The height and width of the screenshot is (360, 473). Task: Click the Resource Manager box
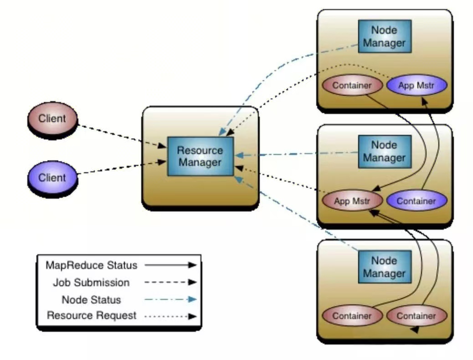(x=200, y=156)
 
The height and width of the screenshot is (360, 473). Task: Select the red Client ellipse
(x=52, y=119)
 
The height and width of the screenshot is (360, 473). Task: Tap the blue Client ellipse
(x=52, y=177)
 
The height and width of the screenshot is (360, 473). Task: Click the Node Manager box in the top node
(x=384, y=36)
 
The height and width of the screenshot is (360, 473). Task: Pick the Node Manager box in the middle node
(x=384, y=151)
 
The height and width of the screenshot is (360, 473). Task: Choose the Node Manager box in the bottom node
(x=384, y=267)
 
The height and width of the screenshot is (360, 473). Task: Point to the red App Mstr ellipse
(x=352, y=201)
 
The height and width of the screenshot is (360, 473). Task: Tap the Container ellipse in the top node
(x=352, y=85)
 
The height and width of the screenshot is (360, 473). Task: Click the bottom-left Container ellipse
(x=352, y=316)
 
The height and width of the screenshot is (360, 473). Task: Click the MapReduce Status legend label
(x=91, y=265)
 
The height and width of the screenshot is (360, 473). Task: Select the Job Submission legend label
(x=91, y=283)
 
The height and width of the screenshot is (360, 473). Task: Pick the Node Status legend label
(x=91, y=300)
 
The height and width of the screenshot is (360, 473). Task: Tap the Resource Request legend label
(x=91, y=315)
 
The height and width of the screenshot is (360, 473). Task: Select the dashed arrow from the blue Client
(x=121, y=167)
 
